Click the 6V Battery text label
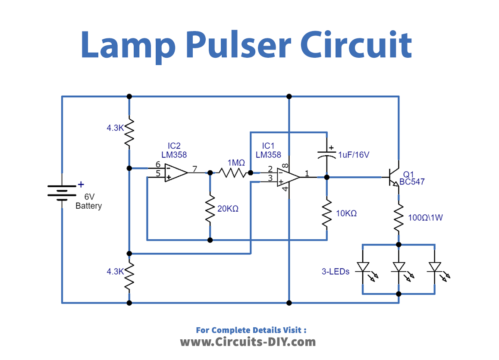(x=89, y=200)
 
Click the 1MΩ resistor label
(x=236, y=161)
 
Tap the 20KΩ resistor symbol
(x=210, y=206)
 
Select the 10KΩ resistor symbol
(x=327, y=211)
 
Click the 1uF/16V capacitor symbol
(x=327, y=155)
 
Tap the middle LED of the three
(x=399, y=270)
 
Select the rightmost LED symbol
(x=435, y=270)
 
